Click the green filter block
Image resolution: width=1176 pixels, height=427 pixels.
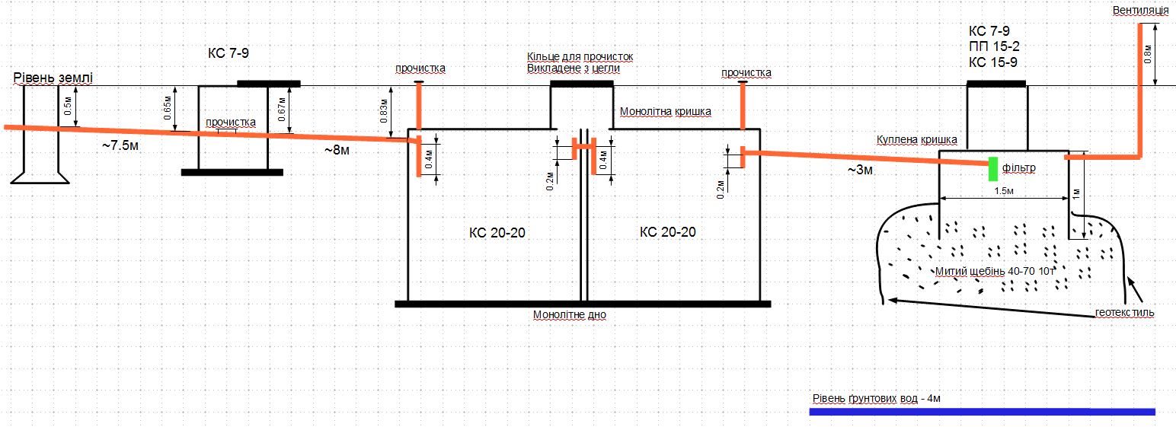pyautogui.click(x=992, y=169)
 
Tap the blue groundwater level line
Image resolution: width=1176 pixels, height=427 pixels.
pyautogui.click(x=983, y=412)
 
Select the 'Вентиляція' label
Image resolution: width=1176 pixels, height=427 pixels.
pyautogui.click(x=1140, y=11)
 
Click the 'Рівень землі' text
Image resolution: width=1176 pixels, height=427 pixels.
pyautogui.click(x=53, y=78)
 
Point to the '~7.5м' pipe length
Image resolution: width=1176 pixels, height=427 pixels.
pyautogui.click(x=120, y=145)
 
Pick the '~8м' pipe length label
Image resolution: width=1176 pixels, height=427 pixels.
pyautogui.click(x=337, y=150)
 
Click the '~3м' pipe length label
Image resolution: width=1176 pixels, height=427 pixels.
pyautogui.click(x=860, y=170)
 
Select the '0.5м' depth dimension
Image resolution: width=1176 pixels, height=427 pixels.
pyautogui.click(x=68, y=106)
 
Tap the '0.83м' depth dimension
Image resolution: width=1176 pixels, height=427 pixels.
pyautogui.click(x=384, y=110)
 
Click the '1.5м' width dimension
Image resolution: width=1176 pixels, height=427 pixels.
pyautogui.click(x=1003, y=191)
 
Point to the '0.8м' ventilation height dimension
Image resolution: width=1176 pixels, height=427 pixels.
pyautogui.click(x=1148, y=55)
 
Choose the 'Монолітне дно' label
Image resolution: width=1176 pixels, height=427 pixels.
pyautogui.click(x=570, y=315)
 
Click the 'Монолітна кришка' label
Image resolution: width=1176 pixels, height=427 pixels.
pyautogui.click(x=665, y=111)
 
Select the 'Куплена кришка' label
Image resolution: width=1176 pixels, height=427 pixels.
pyautogui.click(x=916, y=140)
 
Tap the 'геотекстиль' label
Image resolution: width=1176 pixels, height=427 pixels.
pyautogui.click(x=1124, y=313)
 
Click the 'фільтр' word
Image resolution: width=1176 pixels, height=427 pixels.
pyautogui.click(x=1019, y=168)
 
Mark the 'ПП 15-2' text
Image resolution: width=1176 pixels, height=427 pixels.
pyautogui.click(x=994, y=46)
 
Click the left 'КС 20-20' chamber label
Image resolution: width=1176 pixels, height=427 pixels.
pyautogui.click(x=497, y=233)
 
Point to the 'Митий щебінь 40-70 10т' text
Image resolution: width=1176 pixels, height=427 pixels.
pyautogui.click(x=995, y=271)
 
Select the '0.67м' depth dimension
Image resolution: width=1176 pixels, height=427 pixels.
pyautogui.click(x=281, y=109)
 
